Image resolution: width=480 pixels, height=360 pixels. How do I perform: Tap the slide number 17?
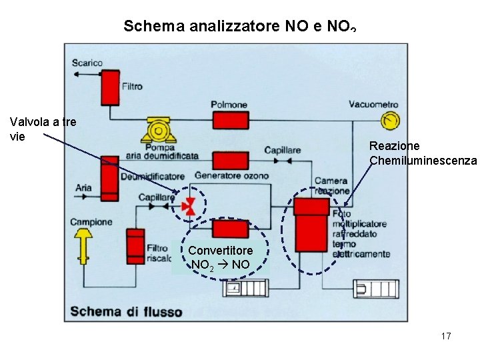[446, 336]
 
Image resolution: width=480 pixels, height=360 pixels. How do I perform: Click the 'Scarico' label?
[88, 63]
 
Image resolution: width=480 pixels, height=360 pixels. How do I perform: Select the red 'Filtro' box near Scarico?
[109, 87]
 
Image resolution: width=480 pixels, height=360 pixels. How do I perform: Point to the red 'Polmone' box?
[231, 120]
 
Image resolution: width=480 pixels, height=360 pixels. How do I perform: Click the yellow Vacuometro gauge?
[389, 120]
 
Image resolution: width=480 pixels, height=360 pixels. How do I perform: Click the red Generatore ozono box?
[231, 160]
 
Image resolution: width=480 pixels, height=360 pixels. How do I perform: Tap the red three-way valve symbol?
[190, 206]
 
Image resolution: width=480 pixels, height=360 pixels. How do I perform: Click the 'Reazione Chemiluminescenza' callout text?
[423, 153]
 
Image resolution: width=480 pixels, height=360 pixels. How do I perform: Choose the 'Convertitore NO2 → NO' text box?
[221, 257]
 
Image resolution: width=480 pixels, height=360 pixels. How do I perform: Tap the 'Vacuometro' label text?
[373, 105]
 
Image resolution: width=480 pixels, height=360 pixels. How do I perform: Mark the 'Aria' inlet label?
[83, 188]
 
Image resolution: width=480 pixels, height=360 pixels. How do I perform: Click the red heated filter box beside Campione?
[135, 246]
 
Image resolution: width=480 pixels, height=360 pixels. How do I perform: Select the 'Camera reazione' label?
[331, 185]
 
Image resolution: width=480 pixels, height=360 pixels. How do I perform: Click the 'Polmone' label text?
[229, 105]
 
